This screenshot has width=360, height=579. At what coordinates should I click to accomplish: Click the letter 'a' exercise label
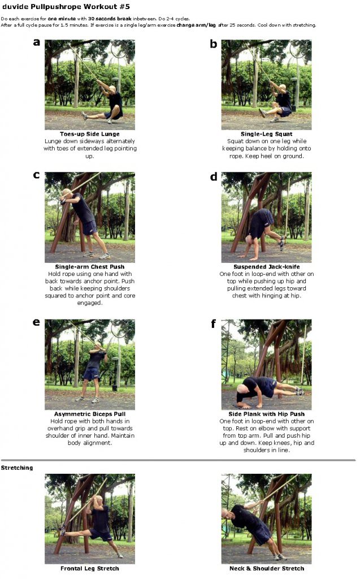37,43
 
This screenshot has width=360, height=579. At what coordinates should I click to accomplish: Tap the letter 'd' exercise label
213,176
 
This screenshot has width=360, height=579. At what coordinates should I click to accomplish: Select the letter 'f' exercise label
212,323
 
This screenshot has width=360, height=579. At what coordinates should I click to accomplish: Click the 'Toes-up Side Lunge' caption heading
89,134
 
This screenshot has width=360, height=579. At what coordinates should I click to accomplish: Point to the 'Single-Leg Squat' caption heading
266,134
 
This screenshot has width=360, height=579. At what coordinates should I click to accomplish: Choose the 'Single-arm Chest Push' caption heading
89,266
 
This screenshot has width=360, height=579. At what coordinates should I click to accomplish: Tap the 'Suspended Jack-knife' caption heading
266,266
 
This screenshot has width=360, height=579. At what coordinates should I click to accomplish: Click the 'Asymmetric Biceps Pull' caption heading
89,413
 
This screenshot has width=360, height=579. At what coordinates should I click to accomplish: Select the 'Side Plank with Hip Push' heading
266,413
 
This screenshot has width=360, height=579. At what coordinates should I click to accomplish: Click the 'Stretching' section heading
17,468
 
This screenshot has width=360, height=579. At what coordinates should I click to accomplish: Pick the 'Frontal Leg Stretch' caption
89,568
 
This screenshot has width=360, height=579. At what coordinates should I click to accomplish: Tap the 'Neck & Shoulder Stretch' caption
266,568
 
